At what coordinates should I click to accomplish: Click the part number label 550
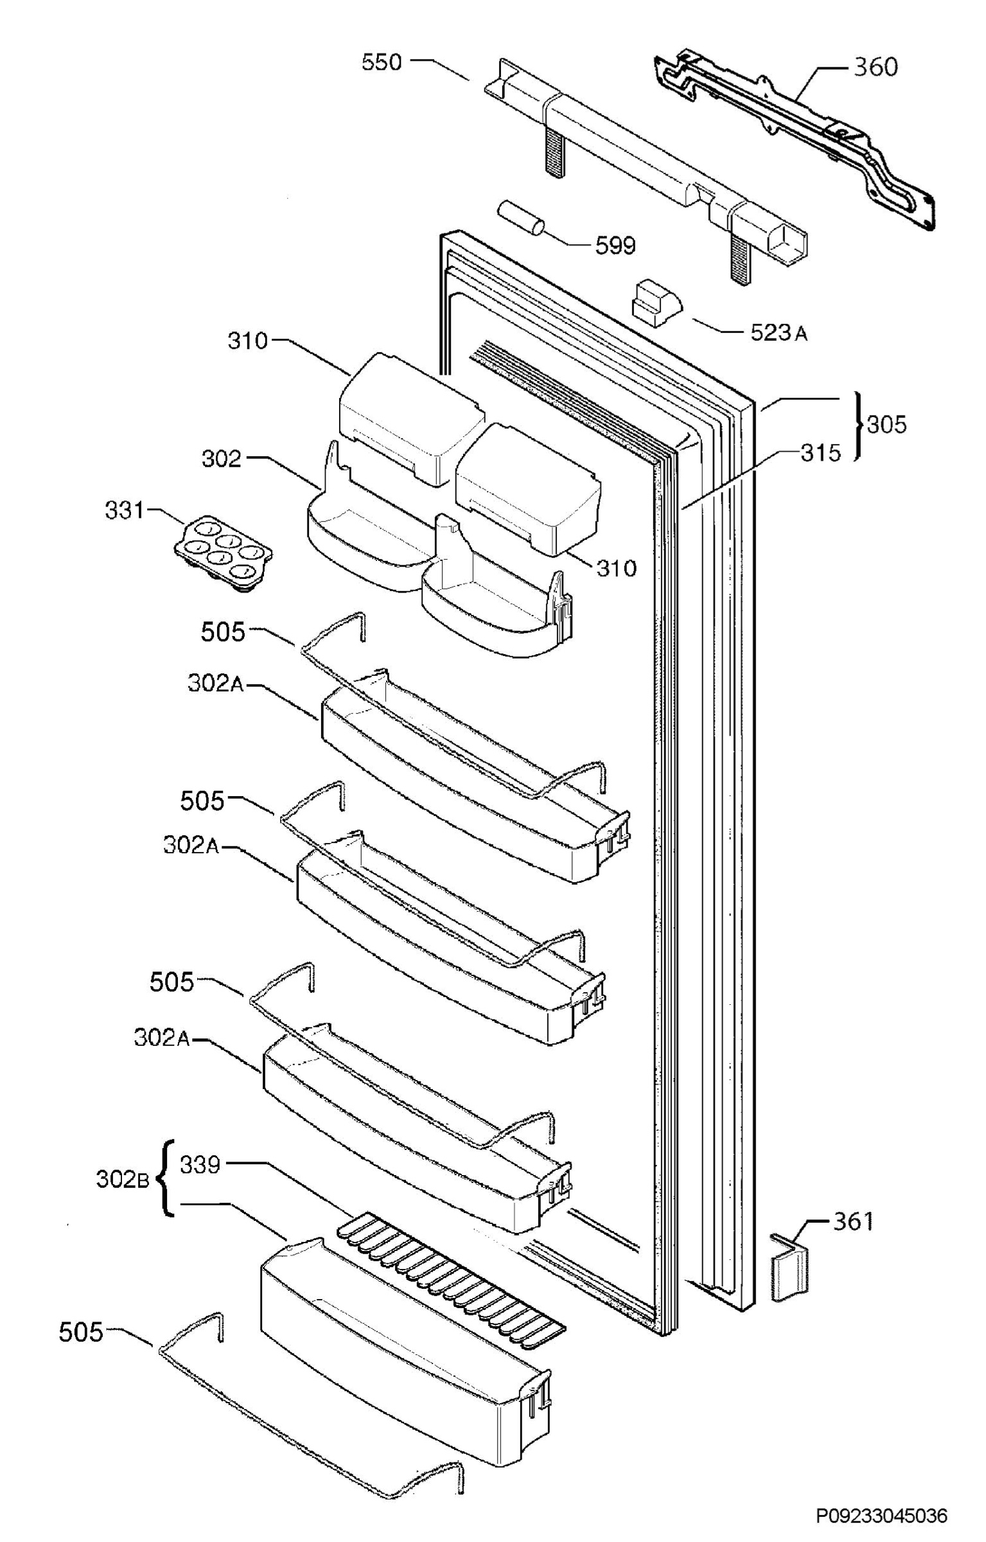pyautogui.click(x=382, y=62)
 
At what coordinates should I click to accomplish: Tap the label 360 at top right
pyautogui.click(x=875, y=67)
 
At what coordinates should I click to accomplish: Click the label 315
pyautogui.click(x=820, y=453)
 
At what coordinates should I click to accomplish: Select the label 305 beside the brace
pyautogui.click(x=886, y=424)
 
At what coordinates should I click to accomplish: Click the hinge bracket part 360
pyautogui.click(x=795, y=141)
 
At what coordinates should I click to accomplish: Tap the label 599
pyautogui.click(x=615, y=245)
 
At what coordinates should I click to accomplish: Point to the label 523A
pyautogui.click(x=779, y=333)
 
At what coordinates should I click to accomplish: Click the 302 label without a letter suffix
pyautogui.click(x=222, y=459)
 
